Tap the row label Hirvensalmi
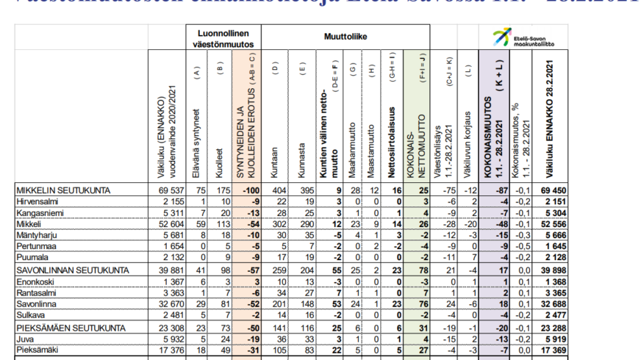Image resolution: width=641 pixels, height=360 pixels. [x=37, y=201]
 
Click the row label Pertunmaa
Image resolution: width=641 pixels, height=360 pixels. [x=36, y=245]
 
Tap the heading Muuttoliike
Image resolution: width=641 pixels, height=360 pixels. [x=345, y=35]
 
